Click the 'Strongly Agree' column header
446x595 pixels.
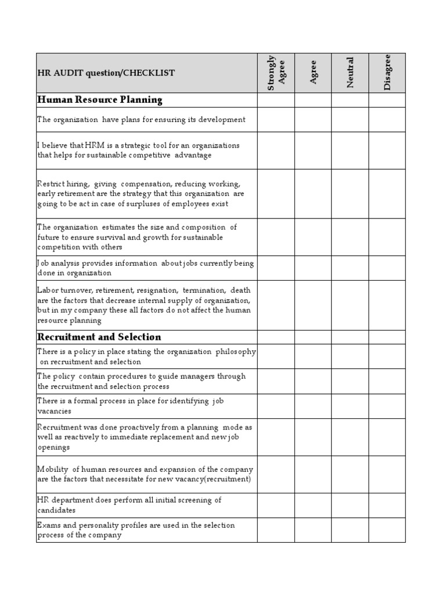tap(276, 73)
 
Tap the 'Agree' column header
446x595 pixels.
tap(313, 73)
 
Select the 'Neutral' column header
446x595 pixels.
tap(350, 73)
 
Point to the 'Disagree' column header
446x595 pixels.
tap(387, 73)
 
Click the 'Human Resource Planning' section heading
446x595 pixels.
tap(100, 100)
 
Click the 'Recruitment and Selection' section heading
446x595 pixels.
tap(99, 337)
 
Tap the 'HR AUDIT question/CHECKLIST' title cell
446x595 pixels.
tap(106, 73)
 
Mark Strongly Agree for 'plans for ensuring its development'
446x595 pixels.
tap(276, 120)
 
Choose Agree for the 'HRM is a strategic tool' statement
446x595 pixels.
tap(313, 150)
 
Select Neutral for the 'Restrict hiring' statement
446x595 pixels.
tap(350, 194)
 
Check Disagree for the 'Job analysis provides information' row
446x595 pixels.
tap(387, 268)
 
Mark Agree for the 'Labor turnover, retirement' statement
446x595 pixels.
tap(313, 305)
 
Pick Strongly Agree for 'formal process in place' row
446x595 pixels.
tap(276, 406)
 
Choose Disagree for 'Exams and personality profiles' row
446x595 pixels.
tap(387, 530)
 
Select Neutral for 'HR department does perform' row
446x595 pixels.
tap(350, 505)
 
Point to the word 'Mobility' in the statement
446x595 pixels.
tap(52, 469)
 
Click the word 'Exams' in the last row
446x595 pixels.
tap(49, 525)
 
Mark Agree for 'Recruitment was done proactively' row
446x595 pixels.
tap(313, 437)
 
